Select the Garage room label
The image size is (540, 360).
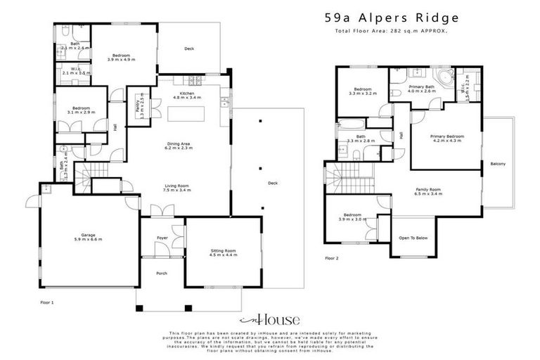[88, 237]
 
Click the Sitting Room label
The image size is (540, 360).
[224, 252]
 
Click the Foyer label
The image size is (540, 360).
[161, 238]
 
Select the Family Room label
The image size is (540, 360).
[428, 191]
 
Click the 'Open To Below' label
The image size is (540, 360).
[414, 238]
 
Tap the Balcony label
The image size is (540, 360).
[498, 165]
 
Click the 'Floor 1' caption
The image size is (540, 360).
[46, 301]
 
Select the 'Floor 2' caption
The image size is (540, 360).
[331, 259]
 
